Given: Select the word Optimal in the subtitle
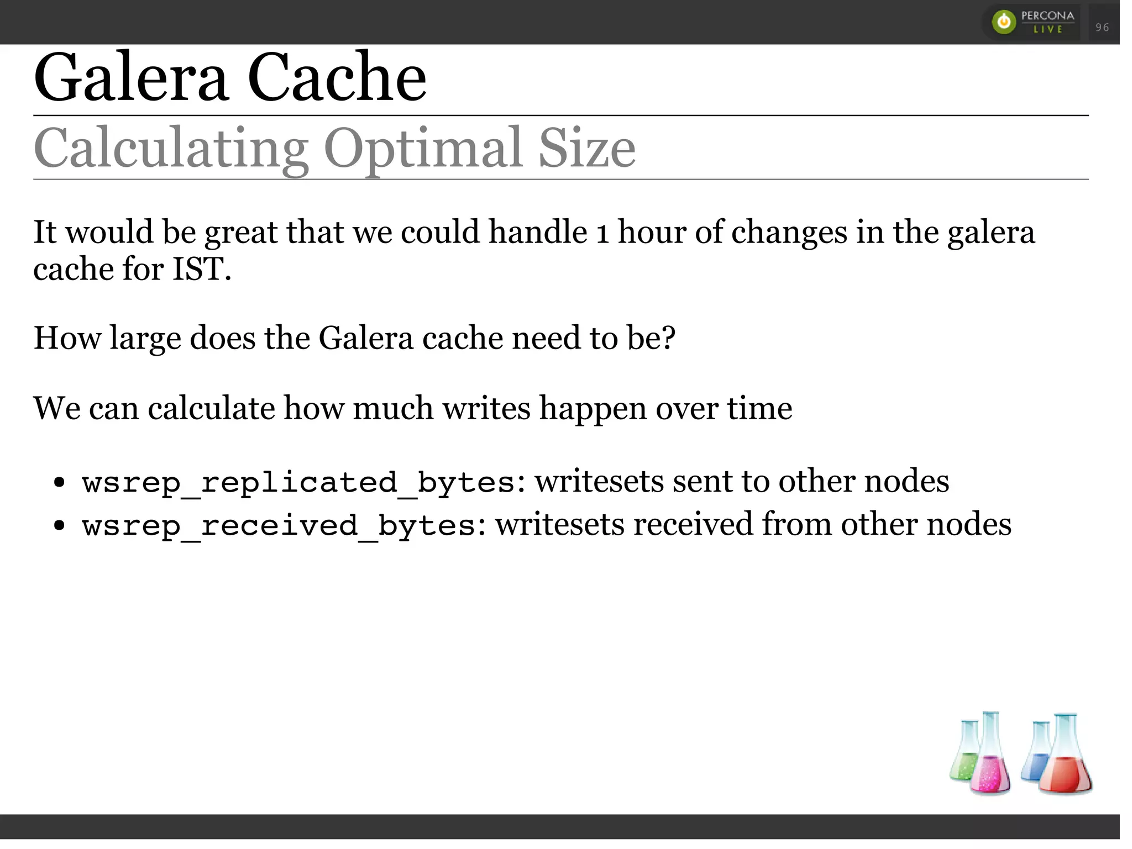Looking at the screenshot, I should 423,149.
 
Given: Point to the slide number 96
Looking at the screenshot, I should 1102,27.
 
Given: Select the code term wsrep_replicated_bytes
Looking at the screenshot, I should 298,482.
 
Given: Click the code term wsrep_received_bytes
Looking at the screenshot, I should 279,525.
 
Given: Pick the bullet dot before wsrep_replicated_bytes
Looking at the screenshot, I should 60,482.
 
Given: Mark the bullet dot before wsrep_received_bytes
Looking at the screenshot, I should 60,525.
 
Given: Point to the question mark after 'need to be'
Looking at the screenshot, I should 668,338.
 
